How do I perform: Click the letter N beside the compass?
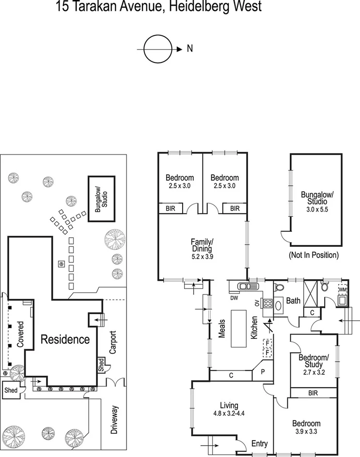tap(190, 49)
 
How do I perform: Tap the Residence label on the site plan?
tap(65, 339)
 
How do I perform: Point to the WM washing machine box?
tap(343, 290)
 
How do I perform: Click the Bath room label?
tap(294, 301)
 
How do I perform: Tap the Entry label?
tap(260, 443)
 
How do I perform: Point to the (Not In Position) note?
tap(313, 255)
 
